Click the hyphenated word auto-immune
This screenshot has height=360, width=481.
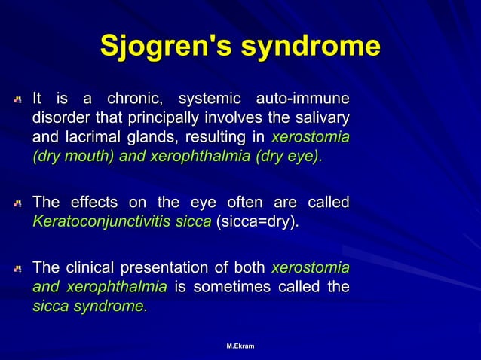pos(303,99)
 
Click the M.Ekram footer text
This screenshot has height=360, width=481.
pos(240,346)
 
